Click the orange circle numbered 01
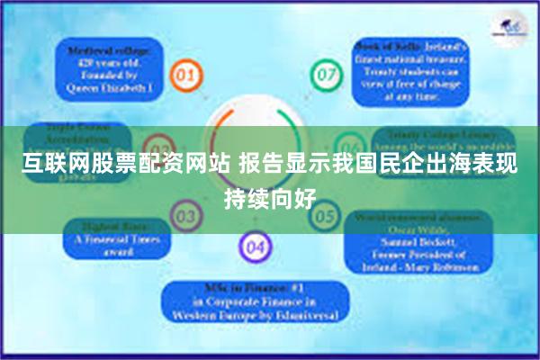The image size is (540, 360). coord(184,74)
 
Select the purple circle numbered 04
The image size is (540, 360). coord(255,245)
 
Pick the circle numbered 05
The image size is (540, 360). coord(324,216)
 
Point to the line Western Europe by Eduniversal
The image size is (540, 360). coord(255,318)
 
